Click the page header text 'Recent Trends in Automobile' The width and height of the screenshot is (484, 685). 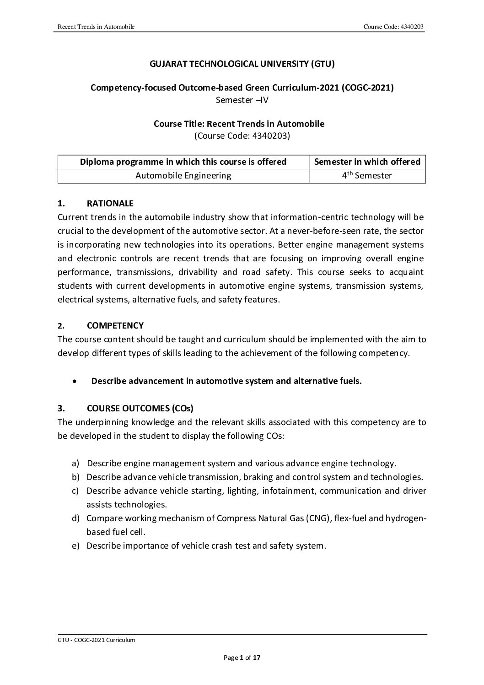pos(96,27)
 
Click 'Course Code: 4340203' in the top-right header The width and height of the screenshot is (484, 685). pos(394,27)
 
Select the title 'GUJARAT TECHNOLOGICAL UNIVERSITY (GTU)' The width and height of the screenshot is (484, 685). pos(242,64)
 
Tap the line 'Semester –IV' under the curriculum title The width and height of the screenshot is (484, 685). pos(242,100)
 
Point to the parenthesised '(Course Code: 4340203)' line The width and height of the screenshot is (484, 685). pos(242,136)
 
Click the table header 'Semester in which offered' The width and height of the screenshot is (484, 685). pos(367,162)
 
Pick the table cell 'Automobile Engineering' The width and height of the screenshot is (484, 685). pos(183,176)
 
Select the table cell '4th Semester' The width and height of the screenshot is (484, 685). pos(367,175)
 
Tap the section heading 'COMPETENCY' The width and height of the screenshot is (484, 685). pos(115,326)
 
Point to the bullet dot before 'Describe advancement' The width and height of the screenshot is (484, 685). pos(75,382)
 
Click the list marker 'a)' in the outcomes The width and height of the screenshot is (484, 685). pos(75,464)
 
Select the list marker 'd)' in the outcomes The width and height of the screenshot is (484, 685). pos(75,518)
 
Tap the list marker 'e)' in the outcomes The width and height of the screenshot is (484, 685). pos(75,546)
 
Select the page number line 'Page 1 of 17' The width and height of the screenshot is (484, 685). pos(242,658)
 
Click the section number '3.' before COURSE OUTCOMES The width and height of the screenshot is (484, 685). pos(61,408)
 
